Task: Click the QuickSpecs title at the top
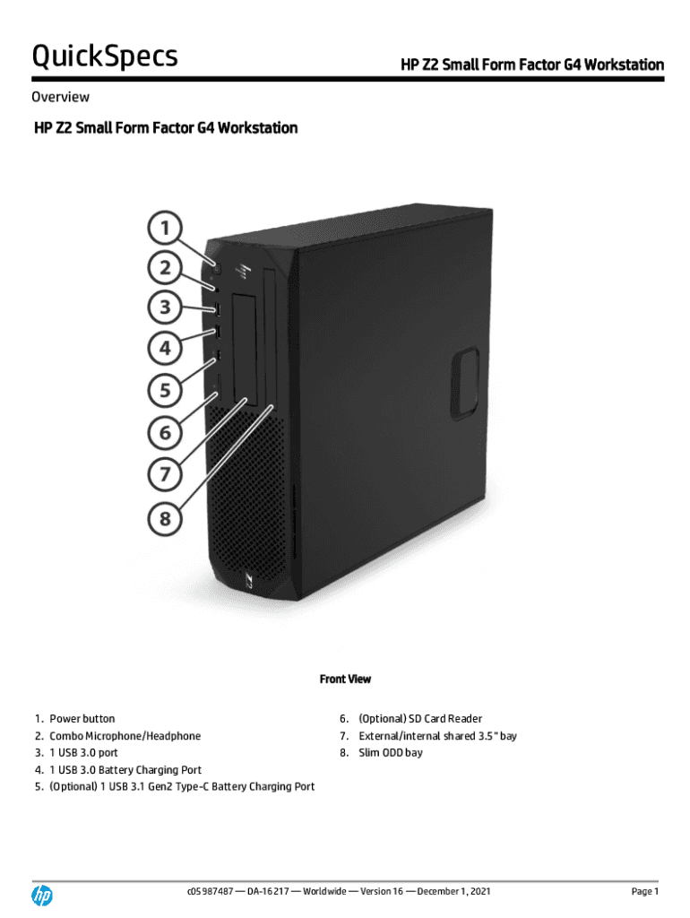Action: click(x=105, y=56)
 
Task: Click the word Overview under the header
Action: click(x=60, y=97)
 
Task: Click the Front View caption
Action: click(x=345, y=680)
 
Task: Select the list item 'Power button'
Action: click(x=82, y=719)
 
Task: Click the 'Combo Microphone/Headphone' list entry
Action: click(x=125, y=736)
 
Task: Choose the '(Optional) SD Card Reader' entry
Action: click(x=419, y=719)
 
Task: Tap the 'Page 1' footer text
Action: click(x=644, y=891)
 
